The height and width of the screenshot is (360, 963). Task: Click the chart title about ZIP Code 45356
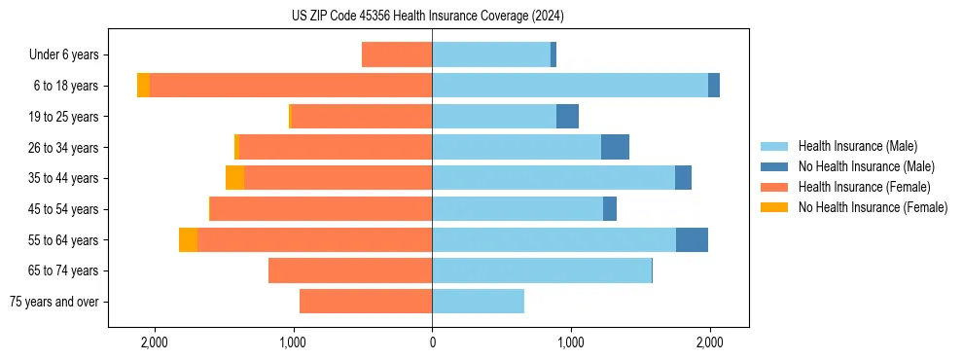point(427,17)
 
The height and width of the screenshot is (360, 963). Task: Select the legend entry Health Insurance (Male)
point(857,146)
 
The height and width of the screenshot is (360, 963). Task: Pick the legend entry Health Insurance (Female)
point(864,187)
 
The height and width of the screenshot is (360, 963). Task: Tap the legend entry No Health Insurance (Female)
point(873,207)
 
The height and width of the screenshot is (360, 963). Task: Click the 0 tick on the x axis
point(432,342)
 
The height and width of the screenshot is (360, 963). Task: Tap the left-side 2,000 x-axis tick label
point(155,342)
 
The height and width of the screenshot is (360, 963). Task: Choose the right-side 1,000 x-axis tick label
point(571,342)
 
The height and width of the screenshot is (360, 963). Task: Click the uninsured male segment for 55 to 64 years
point(692,239)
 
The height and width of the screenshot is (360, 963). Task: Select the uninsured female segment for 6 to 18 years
point(143,86)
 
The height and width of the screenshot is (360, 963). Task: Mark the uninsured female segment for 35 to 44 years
point(234,178)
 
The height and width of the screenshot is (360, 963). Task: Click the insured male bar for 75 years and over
point(478,302)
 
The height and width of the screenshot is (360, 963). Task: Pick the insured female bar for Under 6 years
point(397,54)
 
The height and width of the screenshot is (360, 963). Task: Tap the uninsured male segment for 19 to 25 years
point(567,117)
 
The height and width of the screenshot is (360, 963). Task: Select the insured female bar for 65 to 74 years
point(350,270)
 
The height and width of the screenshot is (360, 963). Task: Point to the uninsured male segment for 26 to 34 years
point(615,147)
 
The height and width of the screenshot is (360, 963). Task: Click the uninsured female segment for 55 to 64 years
point(188,239)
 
